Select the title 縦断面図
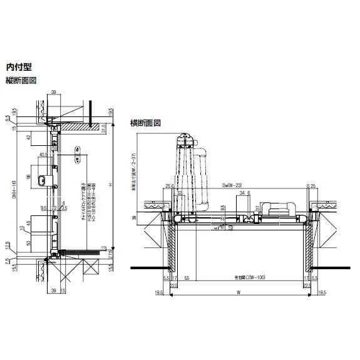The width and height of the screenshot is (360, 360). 21,80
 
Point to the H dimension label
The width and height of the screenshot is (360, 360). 109,185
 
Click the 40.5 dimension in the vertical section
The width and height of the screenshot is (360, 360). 43,154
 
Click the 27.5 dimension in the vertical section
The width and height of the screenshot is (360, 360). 110,253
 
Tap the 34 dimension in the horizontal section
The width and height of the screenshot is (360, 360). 240,193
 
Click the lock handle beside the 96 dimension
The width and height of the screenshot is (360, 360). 42,180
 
